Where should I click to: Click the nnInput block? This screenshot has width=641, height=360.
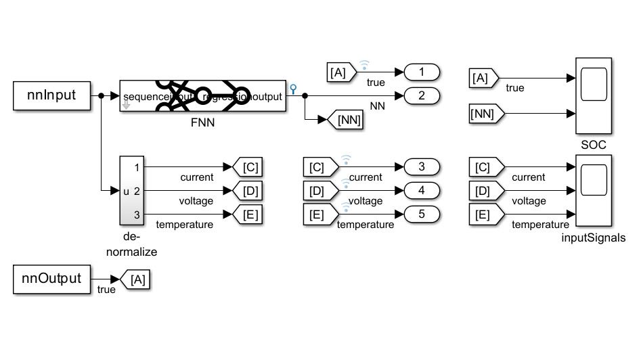click(51, 95)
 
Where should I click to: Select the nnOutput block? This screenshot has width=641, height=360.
click(51, 279)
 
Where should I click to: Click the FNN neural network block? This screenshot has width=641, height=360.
click(202, 95)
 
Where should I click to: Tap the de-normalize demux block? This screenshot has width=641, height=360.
click(132, 191)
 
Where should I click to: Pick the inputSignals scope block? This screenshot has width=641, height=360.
click(593, 192)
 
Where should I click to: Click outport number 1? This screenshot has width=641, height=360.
click(421, 71)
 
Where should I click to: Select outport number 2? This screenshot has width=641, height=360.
click(421, 95)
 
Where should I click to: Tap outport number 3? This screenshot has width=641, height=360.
click(421, 166)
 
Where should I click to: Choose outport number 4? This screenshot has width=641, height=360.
click(421, 191)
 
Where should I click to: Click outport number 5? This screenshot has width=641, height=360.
click(421, 215)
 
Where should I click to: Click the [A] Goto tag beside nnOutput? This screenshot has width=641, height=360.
click(135, 279)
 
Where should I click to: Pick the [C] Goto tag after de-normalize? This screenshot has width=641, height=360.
click(246, 166)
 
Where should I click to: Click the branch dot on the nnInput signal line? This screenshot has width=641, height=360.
click(101, 95)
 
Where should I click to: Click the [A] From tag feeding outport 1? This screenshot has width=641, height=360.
click(339, 71)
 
